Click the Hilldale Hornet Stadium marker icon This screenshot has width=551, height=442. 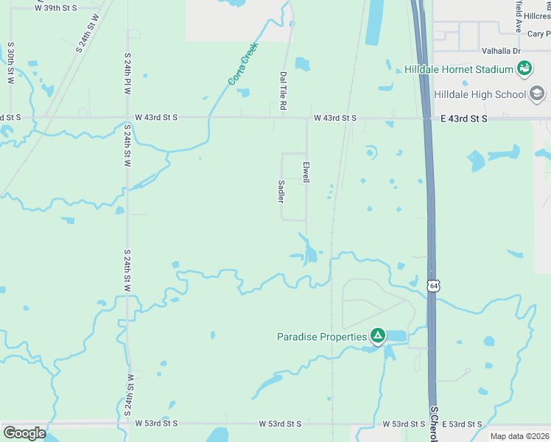click(524, 69)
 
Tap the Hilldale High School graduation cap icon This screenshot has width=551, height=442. click(537, 94)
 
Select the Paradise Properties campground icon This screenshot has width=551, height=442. click(378, 337)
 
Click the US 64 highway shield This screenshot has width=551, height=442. click(435, 284)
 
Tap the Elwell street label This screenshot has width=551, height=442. click(306, 169)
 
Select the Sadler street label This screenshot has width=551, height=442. click(281, 192)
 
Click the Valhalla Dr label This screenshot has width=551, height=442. click(502, 51)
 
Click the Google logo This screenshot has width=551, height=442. click(24, 433)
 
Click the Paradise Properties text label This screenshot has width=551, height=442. click(321, 337)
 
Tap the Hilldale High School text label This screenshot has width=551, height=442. click(480, 94)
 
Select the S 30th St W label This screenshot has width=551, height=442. click(10, 62)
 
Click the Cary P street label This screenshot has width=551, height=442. click(537, 34)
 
